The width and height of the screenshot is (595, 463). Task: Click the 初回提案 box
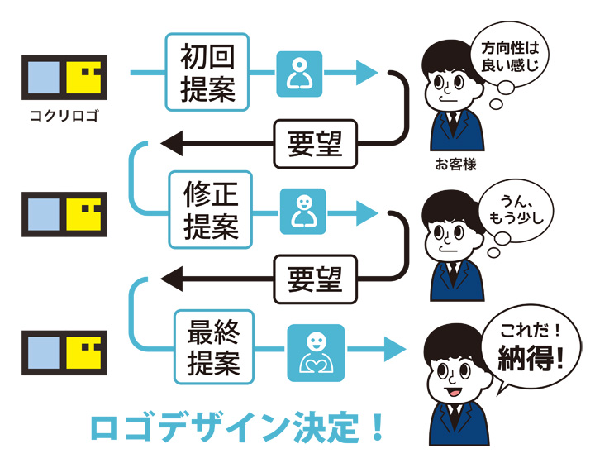(x=207, y=72)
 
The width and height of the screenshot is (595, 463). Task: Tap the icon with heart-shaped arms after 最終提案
(x=316, y=353)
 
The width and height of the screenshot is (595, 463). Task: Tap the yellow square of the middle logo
(x=86, y=215)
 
